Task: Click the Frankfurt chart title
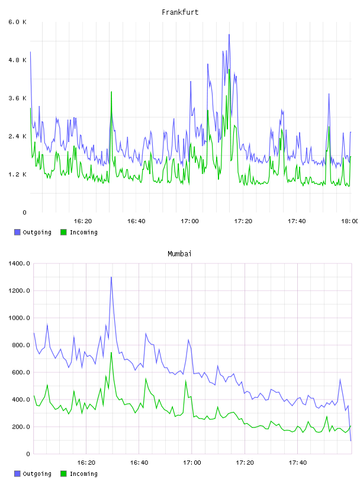coord(180,12)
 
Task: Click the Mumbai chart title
coord(179,254)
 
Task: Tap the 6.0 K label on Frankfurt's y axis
coord(18,22)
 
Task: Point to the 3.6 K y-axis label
coord(18,98)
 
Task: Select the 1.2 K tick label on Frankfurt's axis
coord(18,175)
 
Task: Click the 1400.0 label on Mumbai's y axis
coord(20,263)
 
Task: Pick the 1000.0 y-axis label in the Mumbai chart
coord(20,318)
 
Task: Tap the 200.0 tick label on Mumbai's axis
coord(21,427)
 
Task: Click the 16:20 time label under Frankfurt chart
coord(83,221)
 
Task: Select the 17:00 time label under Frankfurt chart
coord(190,221)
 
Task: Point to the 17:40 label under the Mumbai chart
coord(298,463)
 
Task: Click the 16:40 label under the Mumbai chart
coord(139,463)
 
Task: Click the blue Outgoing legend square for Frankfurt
coord(17,232)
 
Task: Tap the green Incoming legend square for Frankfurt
coord(63,232)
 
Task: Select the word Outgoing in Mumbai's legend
coord(37,474)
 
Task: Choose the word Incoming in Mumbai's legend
coord(83,474)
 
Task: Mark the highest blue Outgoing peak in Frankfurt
coord(229,34)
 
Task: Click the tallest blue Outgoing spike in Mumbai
coord(111,277)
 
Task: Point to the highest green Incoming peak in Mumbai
coord(111,352)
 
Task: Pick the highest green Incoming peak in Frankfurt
coord(229,70)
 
